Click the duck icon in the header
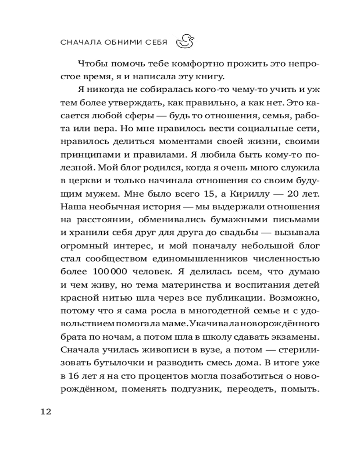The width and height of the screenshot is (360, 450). (184, 42)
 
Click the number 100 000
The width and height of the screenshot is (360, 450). (112, 272)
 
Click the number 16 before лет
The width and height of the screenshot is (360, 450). (72, 376)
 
